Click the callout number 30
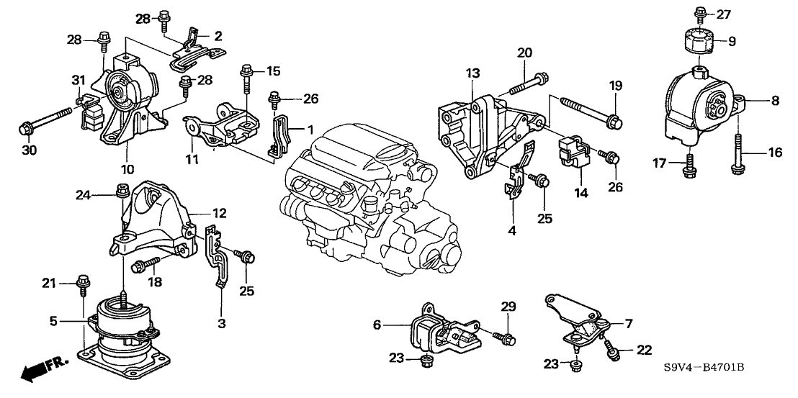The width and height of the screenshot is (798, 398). (x=27, y=150)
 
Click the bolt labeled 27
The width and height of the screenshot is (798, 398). (x=700, y=12)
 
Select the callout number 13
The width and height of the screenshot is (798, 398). (x=472, y=73)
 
